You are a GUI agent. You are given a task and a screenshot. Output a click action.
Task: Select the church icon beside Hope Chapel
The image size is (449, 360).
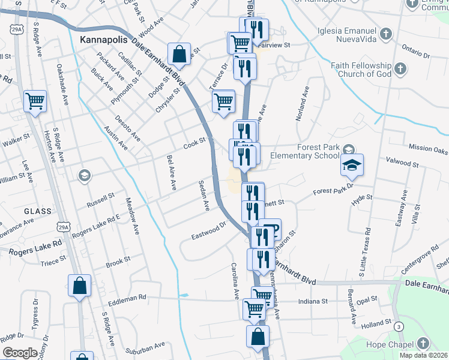pyautogui.click(x=423, y=344)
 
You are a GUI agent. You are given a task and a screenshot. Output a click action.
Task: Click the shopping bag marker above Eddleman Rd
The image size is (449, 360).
pyautogui.click(x=80, y=286)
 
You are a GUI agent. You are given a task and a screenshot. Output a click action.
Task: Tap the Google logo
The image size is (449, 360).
pyautogui.click(x=19, y=353)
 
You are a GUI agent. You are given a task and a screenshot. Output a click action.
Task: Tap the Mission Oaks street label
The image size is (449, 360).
pyautogui.click(x=428, y=148)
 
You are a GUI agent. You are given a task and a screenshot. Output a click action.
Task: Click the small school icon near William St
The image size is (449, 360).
pyautogui.click(x=84, y=176)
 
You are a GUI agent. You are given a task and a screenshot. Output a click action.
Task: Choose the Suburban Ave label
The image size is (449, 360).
pyautogui.click(x=145, y=349)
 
